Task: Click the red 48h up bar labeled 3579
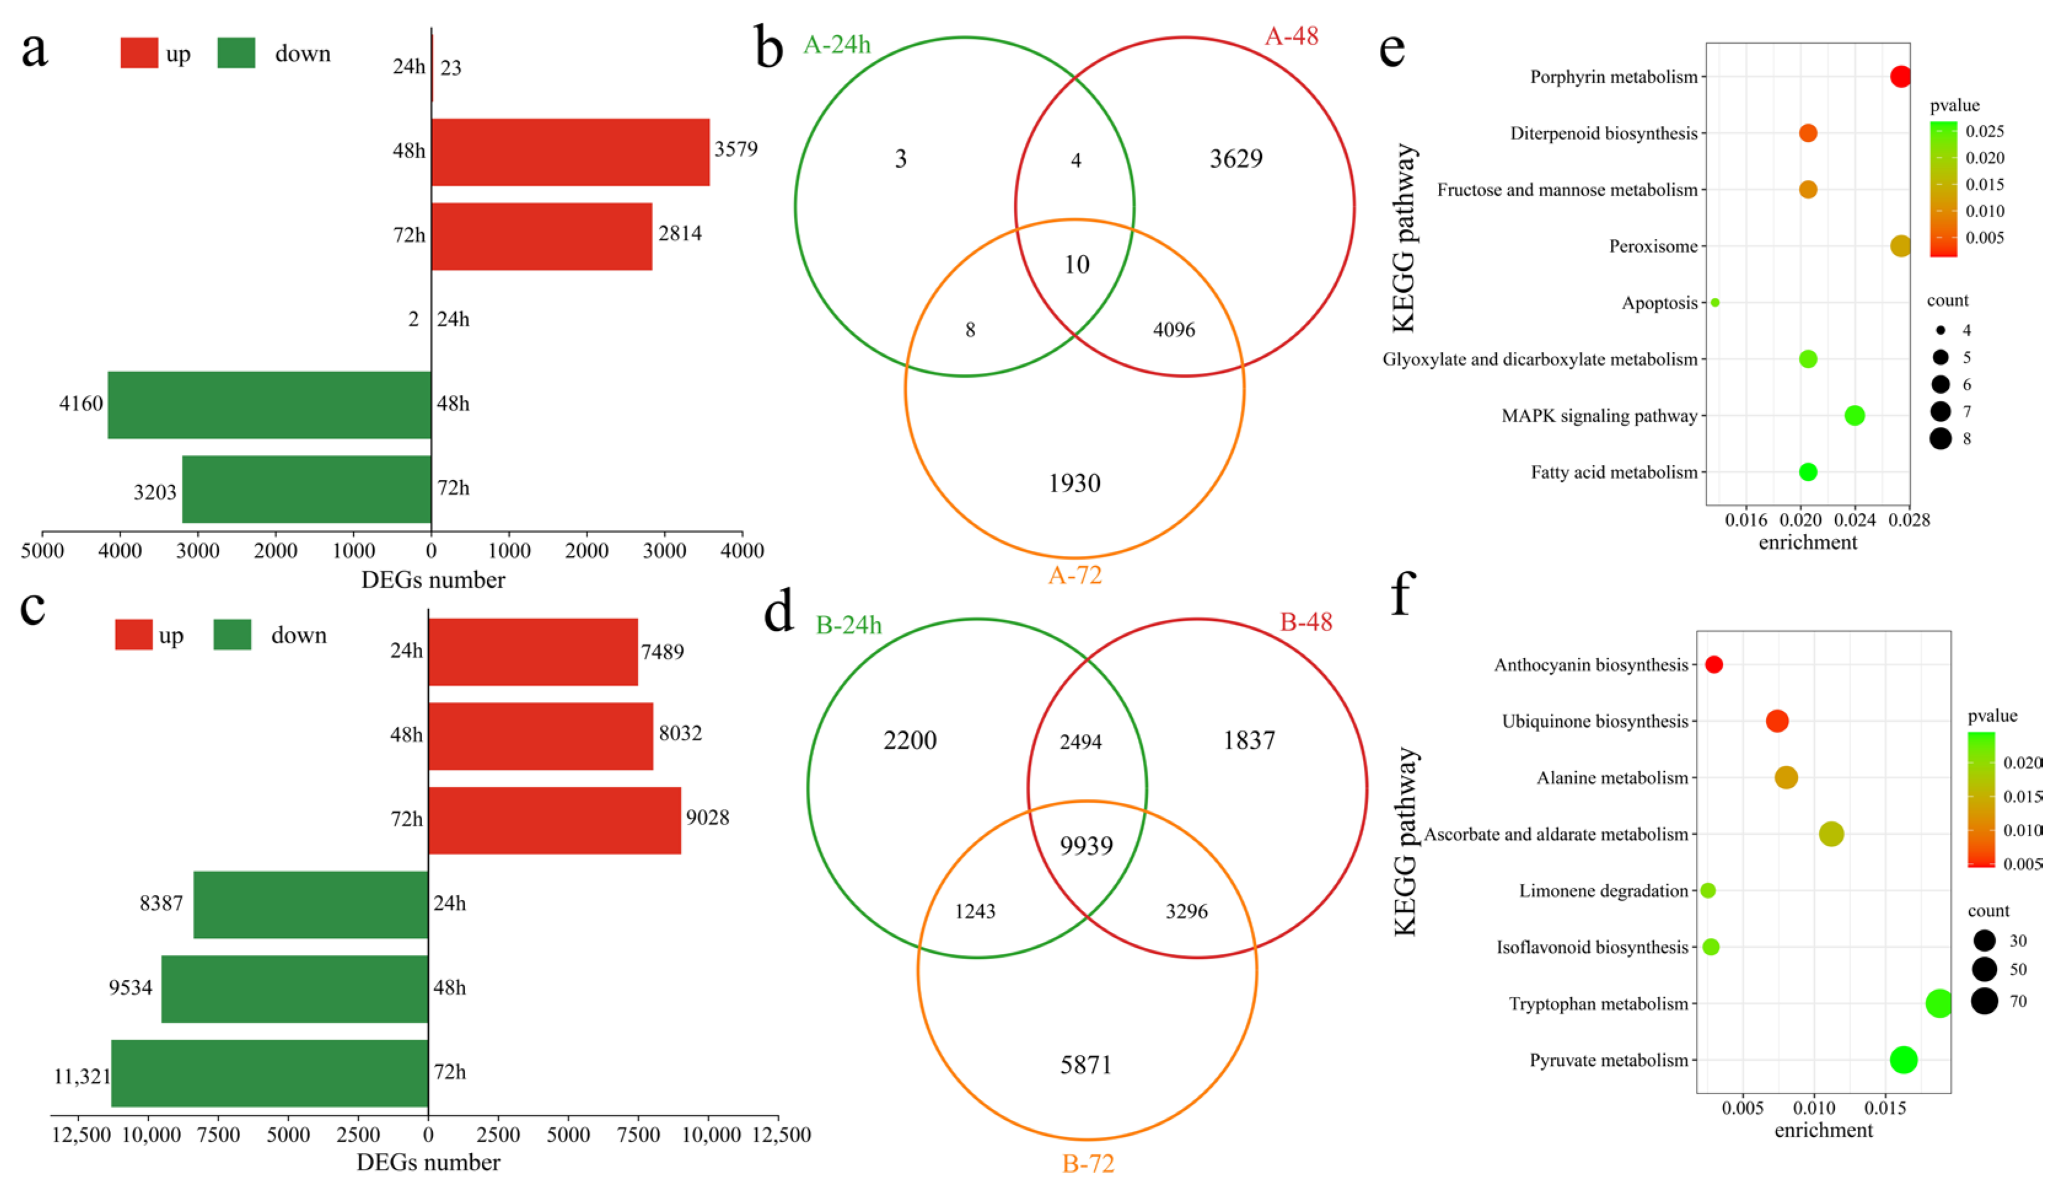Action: tap(570, 152)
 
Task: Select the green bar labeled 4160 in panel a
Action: tap(269, 405)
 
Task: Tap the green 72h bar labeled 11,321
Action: tap(269, 1073)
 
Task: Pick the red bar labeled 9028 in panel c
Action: tap(554, 820)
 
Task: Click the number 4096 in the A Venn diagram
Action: tap(1174, 330)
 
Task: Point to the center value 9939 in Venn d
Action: tap(1086, 845)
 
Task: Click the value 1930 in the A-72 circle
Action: tap(1074, 483)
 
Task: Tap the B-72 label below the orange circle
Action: tap(1088, 1163)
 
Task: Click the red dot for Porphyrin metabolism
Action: tap(1900, 77)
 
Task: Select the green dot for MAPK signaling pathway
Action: tap(1854, 415)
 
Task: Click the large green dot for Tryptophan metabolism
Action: tap(1938, 1002)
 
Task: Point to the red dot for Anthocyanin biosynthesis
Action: tap(1714, 664)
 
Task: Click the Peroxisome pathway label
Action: tap(1652, 246)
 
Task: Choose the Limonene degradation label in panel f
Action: tap(1602, 890)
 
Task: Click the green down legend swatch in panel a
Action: tap(236, 53)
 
